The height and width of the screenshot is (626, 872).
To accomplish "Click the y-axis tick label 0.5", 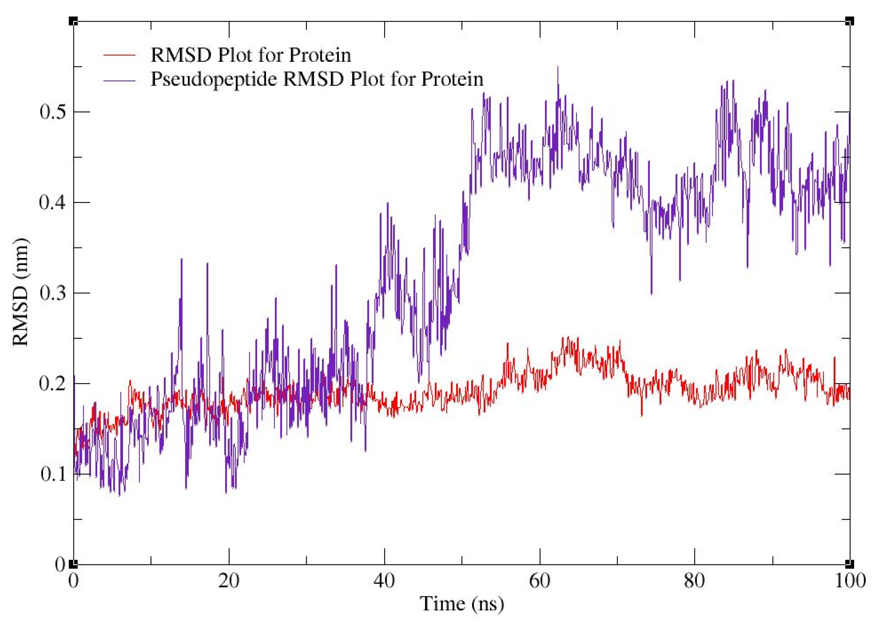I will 53,112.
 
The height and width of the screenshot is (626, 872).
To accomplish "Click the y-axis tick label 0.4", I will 53,203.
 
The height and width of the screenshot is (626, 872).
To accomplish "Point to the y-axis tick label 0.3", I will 53,293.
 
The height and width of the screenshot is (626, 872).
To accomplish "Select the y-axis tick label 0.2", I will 53,384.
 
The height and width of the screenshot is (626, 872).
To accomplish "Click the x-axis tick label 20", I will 229,581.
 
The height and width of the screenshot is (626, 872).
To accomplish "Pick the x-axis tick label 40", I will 384,581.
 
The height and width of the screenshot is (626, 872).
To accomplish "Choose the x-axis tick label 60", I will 540,581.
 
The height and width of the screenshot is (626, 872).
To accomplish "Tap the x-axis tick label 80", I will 695,581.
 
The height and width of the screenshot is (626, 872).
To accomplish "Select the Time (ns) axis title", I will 461,604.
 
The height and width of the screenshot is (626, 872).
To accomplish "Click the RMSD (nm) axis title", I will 21,292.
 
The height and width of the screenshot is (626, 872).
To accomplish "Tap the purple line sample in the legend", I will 119,80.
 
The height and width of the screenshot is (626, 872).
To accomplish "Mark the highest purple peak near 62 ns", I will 558,68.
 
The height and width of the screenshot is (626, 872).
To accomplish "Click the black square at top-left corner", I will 73,21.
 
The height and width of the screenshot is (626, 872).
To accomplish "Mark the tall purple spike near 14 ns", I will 181,260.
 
